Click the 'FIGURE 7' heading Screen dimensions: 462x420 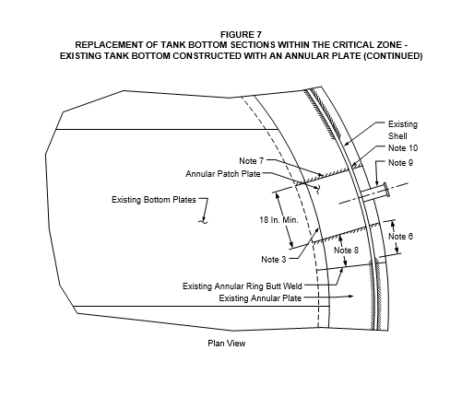(x=241, y=34)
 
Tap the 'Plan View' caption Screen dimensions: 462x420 (x=227, y=344)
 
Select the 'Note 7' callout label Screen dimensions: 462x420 (x=252, y=161)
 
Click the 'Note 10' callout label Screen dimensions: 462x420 (x=403, y=148)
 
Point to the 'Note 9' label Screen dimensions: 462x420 (x=400, y=163)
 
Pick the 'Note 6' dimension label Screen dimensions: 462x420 (x=400, y=237)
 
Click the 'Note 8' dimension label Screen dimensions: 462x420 (x=346, y=251)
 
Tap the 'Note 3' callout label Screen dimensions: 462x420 (x=274, y=260)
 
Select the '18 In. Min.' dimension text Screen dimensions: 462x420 (x=278, y=220)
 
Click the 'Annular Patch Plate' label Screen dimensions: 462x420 (x=223, y=174)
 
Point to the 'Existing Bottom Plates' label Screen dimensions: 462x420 (x=154, y=200)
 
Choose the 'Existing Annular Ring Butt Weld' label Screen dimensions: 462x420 (x=243, y=286)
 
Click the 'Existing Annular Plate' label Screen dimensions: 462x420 (x=260, y=298)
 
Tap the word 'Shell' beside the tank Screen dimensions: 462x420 (x=397, y=136)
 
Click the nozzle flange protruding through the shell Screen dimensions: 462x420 (x=387, y=190)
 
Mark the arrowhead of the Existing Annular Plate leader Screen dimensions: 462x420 (x=351, y=297)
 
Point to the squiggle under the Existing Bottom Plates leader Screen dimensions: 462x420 (x=203, y=220)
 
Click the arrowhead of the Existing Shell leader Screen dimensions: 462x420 (x=346, y=144)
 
